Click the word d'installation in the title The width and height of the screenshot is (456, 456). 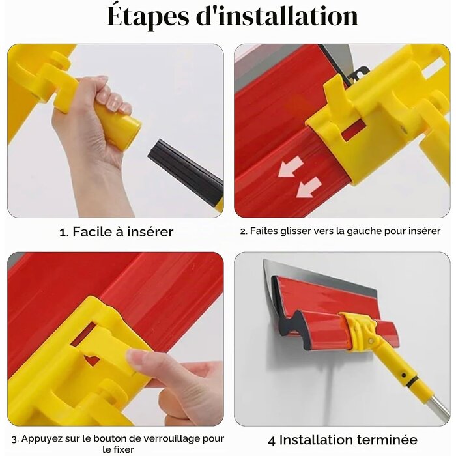pyautogui.click(x=277, y=16)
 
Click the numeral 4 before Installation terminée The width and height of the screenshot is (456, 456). pyautogui.click(x=272, y=441)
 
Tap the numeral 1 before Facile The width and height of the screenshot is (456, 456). pyautogui.click(x=63, y=233)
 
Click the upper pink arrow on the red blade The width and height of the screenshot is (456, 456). pyautogui.click(x=291, y=167)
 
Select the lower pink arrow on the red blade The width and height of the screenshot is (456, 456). pyautogui.click(x=309, y=187)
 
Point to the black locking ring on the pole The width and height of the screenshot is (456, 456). pyautogui.click(x=412, y=381)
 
